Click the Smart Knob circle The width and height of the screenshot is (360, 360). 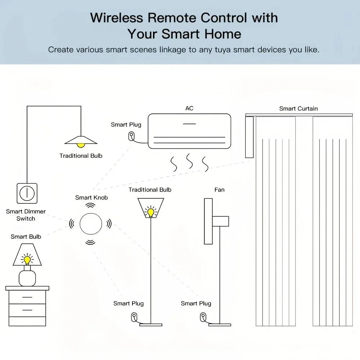[x=90, y=224]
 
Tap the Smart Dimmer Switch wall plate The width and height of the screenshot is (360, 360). [x=27, y=193]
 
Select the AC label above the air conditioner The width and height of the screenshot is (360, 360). [x=189, y=108]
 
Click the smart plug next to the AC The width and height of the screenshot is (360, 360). [x=132, y=136]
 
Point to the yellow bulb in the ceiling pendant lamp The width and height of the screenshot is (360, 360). [x=81, y=145]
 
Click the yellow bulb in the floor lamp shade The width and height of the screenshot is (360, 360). [x=150, y=212]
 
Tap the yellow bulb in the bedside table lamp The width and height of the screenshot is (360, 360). [x=27, y=260]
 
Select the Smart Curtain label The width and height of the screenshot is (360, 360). [x=298, y=108]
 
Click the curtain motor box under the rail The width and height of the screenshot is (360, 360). [x=249, y=137]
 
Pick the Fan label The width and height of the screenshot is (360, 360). [x=219, y=190]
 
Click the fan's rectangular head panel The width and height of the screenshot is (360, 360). [x=208, y=221]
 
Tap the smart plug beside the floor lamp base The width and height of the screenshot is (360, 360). [x=134, y=317]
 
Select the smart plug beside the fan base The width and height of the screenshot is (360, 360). [x=202, y=317]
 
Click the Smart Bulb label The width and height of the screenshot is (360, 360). [x=26, y=237]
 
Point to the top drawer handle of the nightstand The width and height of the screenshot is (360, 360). [x=27, y=297]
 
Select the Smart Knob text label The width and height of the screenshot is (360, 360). [x=91, y=197]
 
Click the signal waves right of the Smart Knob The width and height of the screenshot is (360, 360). [x=109, y=224]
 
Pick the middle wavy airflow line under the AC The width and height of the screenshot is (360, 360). [x=189, y=162]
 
